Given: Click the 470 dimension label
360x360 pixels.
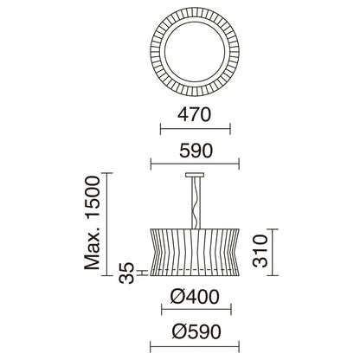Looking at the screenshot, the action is point(195,114).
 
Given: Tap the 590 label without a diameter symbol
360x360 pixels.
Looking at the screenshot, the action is point(196,151).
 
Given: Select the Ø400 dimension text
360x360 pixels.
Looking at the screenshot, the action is point(195,297).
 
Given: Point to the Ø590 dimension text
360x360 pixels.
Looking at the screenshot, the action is point(196,331).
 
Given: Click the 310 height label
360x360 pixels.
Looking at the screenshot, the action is point(260,251).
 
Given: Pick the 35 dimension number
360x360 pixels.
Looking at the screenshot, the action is point(127,273).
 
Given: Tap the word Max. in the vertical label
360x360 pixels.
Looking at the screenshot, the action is point(93,247).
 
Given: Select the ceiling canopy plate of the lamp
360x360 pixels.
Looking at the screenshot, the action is point(195,175).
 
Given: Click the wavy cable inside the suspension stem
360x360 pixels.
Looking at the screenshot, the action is point(196,202).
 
